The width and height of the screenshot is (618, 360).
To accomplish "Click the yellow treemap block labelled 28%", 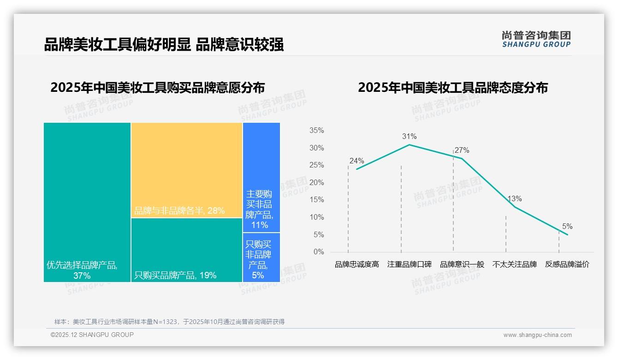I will pyautogui.click(x=187, y=170).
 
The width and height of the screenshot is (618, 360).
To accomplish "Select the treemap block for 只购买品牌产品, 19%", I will pyautogui.click(x=187, y=250).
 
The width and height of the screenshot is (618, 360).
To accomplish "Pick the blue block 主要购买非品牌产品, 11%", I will pyautogui.click(x=261, y=177).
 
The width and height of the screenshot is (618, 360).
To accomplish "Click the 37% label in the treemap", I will pyautogui.click(x=82, y=276).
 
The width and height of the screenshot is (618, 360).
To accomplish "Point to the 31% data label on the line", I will pyautogui.click(x=409, y=137).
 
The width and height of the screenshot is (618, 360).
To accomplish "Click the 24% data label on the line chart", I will pyautogui.click(x=357, y=161).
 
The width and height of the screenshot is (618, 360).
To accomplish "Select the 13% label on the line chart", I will pyautogui.click(x=514, y=199).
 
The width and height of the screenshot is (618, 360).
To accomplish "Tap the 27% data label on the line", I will pyautogui.click(x=462, y=150).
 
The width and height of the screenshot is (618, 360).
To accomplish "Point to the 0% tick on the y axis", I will pyautogui.click(x=319, y=252).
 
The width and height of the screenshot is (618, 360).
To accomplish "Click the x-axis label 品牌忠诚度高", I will pyautogui.click(x=357, y=264).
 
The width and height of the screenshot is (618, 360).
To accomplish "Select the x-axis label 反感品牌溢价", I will pyautogui.click(x=567, y=264).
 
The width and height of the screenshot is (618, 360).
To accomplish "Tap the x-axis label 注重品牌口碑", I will pyautogui.click(x=409, y=264).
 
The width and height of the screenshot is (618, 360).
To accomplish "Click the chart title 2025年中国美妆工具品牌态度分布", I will pyautogui.click(x=452, y=88).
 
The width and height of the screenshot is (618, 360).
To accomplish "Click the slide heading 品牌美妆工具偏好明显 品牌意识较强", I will pyautogui.click(x=164, y=44).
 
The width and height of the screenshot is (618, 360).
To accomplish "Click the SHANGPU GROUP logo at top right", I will pyautogui.click(x=536, y=39).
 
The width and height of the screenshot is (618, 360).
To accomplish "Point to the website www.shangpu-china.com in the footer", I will pyautogui.click(x=537, y=335).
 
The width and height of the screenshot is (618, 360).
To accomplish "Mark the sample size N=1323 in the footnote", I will pyautogui.click(x=163, y=322).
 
